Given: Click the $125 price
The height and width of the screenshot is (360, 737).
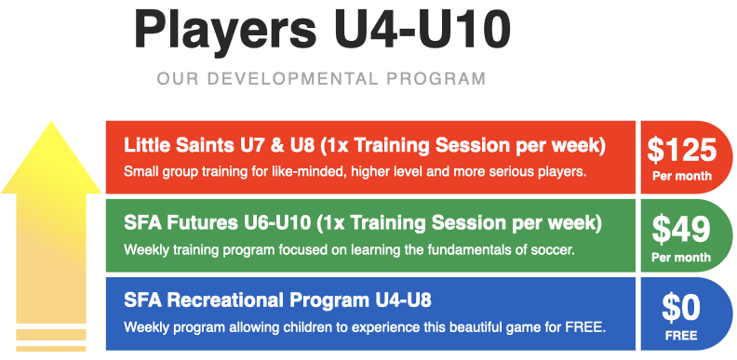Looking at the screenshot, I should (682, 149).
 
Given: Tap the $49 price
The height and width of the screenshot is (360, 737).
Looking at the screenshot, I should (682, 228).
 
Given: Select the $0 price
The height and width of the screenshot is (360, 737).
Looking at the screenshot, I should (682, 306).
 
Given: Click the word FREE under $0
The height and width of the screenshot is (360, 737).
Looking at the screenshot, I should (682, 332).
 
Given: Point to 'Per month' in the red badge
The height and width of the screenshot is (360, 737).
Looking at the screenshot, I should (682, 175).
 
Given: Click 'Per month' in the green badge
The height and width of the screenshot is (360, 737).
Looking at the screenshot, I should (682, 254).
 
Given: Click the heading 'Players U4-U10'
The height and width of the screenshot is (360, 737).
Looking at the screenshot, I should (322, 31).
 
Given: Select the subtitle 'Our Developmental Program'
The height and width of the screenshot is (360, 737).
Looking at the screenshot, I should (322, 78).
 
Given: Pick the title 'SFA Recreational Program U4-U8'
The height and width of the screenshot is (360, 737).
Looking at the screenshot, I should (276, 302).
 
